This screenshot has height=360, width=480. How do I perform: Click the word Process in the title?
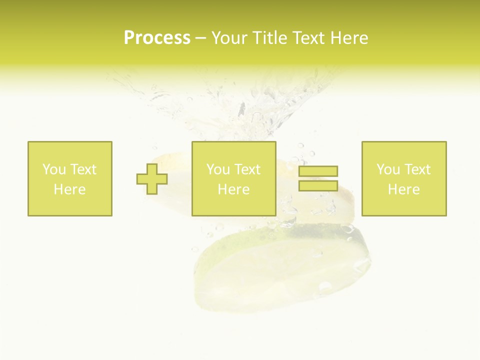tap(157, 38)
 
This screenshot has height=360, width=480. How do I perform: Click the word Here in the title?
tap(351, 38)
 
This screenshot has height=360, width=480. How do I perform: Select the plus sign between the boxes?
tap(152, 179)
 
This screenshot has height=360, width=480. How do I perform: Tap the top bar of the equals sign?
tap(318, 171)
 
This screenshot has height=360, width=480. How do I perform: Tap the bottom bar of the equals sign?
tap(318, 185)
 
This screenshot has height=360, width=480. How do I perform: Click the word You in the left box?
tap(54, 169)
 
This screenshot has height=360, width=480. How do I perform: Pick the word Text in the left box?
tap(83, 169)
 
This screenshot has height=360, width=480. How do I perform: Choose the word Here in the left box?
tap(69, 189)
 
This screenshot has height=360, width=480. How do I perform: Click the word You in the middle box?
tap(218, 169)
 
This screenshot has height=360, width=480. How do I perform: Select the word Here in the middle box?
tap(233, 189)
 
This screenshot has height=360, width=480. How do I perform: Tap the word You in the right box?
tap(388, 169)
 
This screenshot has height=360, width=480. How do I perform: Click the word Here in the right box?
tap(403, 189)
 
